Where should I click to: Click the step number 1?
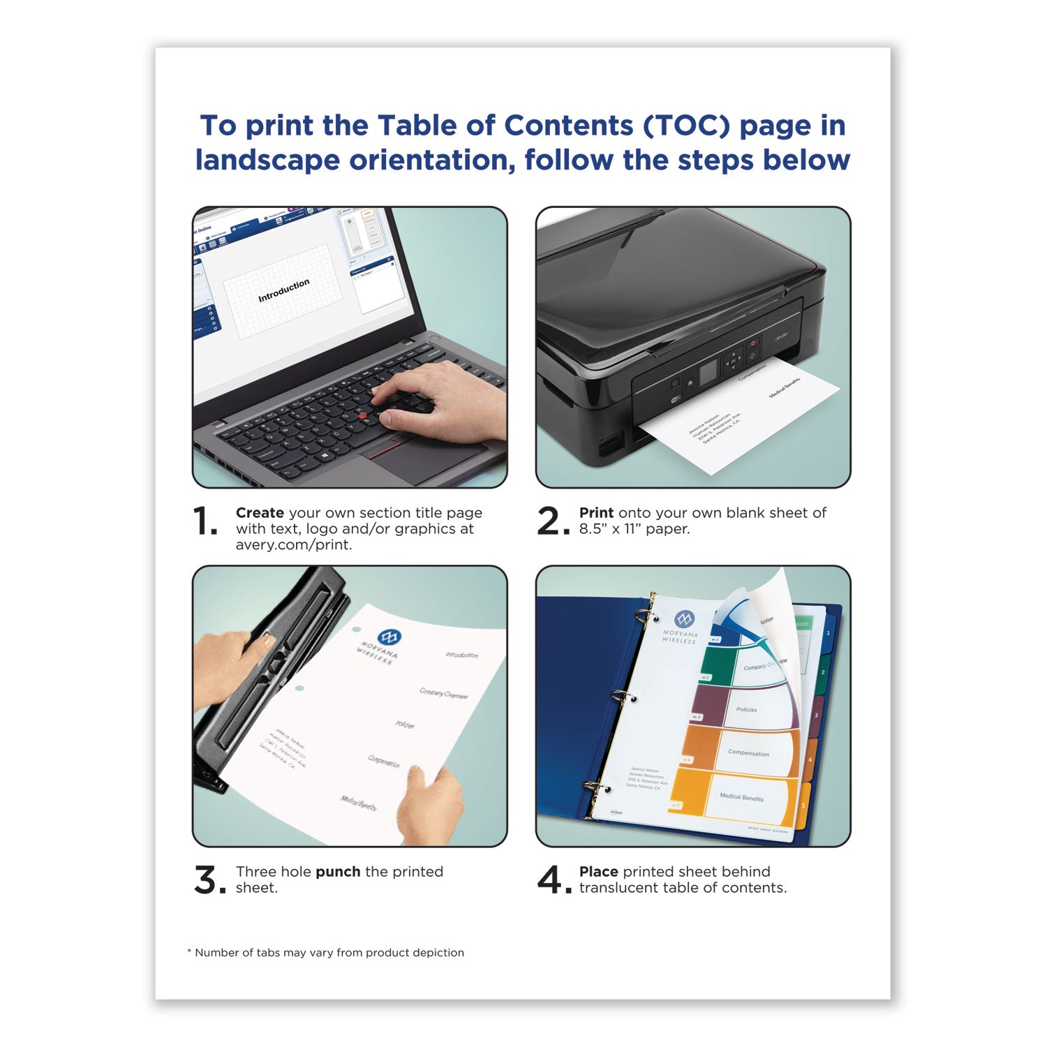point(204,522)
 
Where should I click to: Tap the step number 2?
point(551,522)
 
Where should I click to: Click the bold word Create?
point(260,513)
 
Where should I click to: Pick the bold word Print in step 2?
point(596,513)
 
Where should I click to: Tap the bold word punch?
point(338,872)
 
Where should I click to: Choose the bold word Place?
point(598,872)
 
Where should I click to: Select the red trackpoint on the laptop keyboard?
point(363,416)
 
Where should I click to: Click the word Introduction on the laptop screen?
point(283,290)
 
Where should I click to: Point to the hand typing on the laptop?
point(440,401)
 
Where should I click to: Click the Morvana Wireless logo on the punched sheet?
point(388,637)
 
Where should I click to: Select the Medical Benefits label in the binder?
point(741,797)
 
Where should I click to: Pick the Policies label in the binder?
point(746,709)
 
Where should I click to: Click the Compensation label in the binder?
point(748,753)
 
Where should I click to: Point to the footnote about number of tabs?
point(325,953)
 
